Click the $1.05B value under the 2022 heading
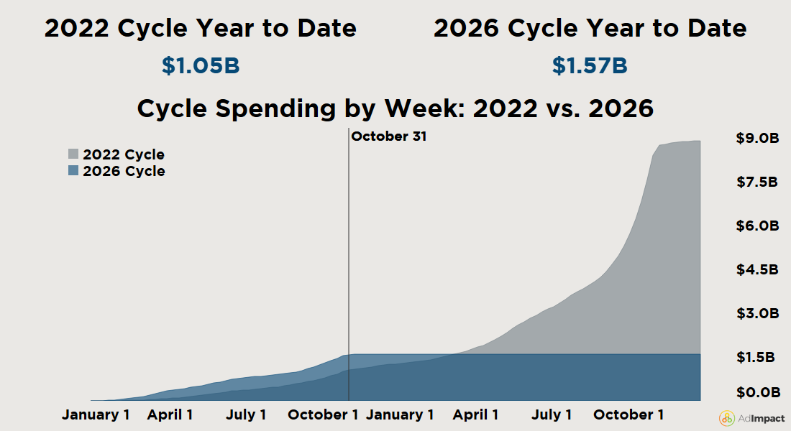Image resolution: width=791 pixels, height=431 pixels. point(200,66)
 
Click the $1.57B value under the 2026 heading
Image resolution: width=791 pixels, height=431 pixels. point(590,66)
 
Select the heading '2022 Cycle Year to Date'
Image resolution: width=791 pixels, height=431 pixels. point(200,29)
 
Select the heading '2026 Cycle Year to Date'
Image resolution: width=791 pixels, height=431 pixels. point(590,29)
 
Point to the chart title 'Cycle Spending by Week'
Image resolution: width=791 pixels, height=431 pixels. point(395,109)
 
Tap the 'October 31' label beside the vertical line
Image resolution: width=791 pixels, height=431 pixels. point(388,136)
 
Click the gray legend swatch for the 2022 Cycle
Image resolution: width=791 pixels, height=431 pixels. point(73,154)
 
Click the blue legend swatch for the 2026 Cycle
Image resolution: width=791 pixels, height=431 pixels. point(73,171)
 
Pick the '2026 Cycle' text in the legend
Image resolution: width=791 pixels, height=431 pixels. point(124,171)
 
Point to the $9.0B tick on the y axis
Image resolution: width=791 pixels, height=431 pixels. point(757,139)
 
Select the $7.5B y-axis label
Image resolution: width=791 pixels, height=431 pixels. point(757,182)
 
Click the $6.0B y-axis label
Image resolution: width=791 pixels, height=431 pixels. point(757,226)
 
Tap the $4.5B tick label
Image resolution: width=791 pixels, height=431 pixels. point(757,270)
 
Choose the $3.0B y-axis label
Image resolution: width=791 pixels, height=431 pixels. point(757,314)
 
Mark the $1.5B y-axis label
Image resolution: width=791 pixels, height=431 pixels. point(757,358)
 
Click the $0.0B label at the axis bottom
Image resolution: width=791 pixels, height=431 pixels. point(757,393)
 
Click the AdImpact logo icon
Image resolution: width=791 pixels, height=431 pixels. point(727,418)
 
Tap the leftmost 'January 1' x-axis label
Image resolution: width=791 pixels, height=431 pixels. point(96,414)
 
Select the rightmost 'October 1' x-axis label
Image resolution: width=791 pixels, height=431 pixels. point(623,414)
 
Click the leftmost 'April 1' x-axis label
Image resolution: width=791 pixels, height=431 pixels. point(170,414)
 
